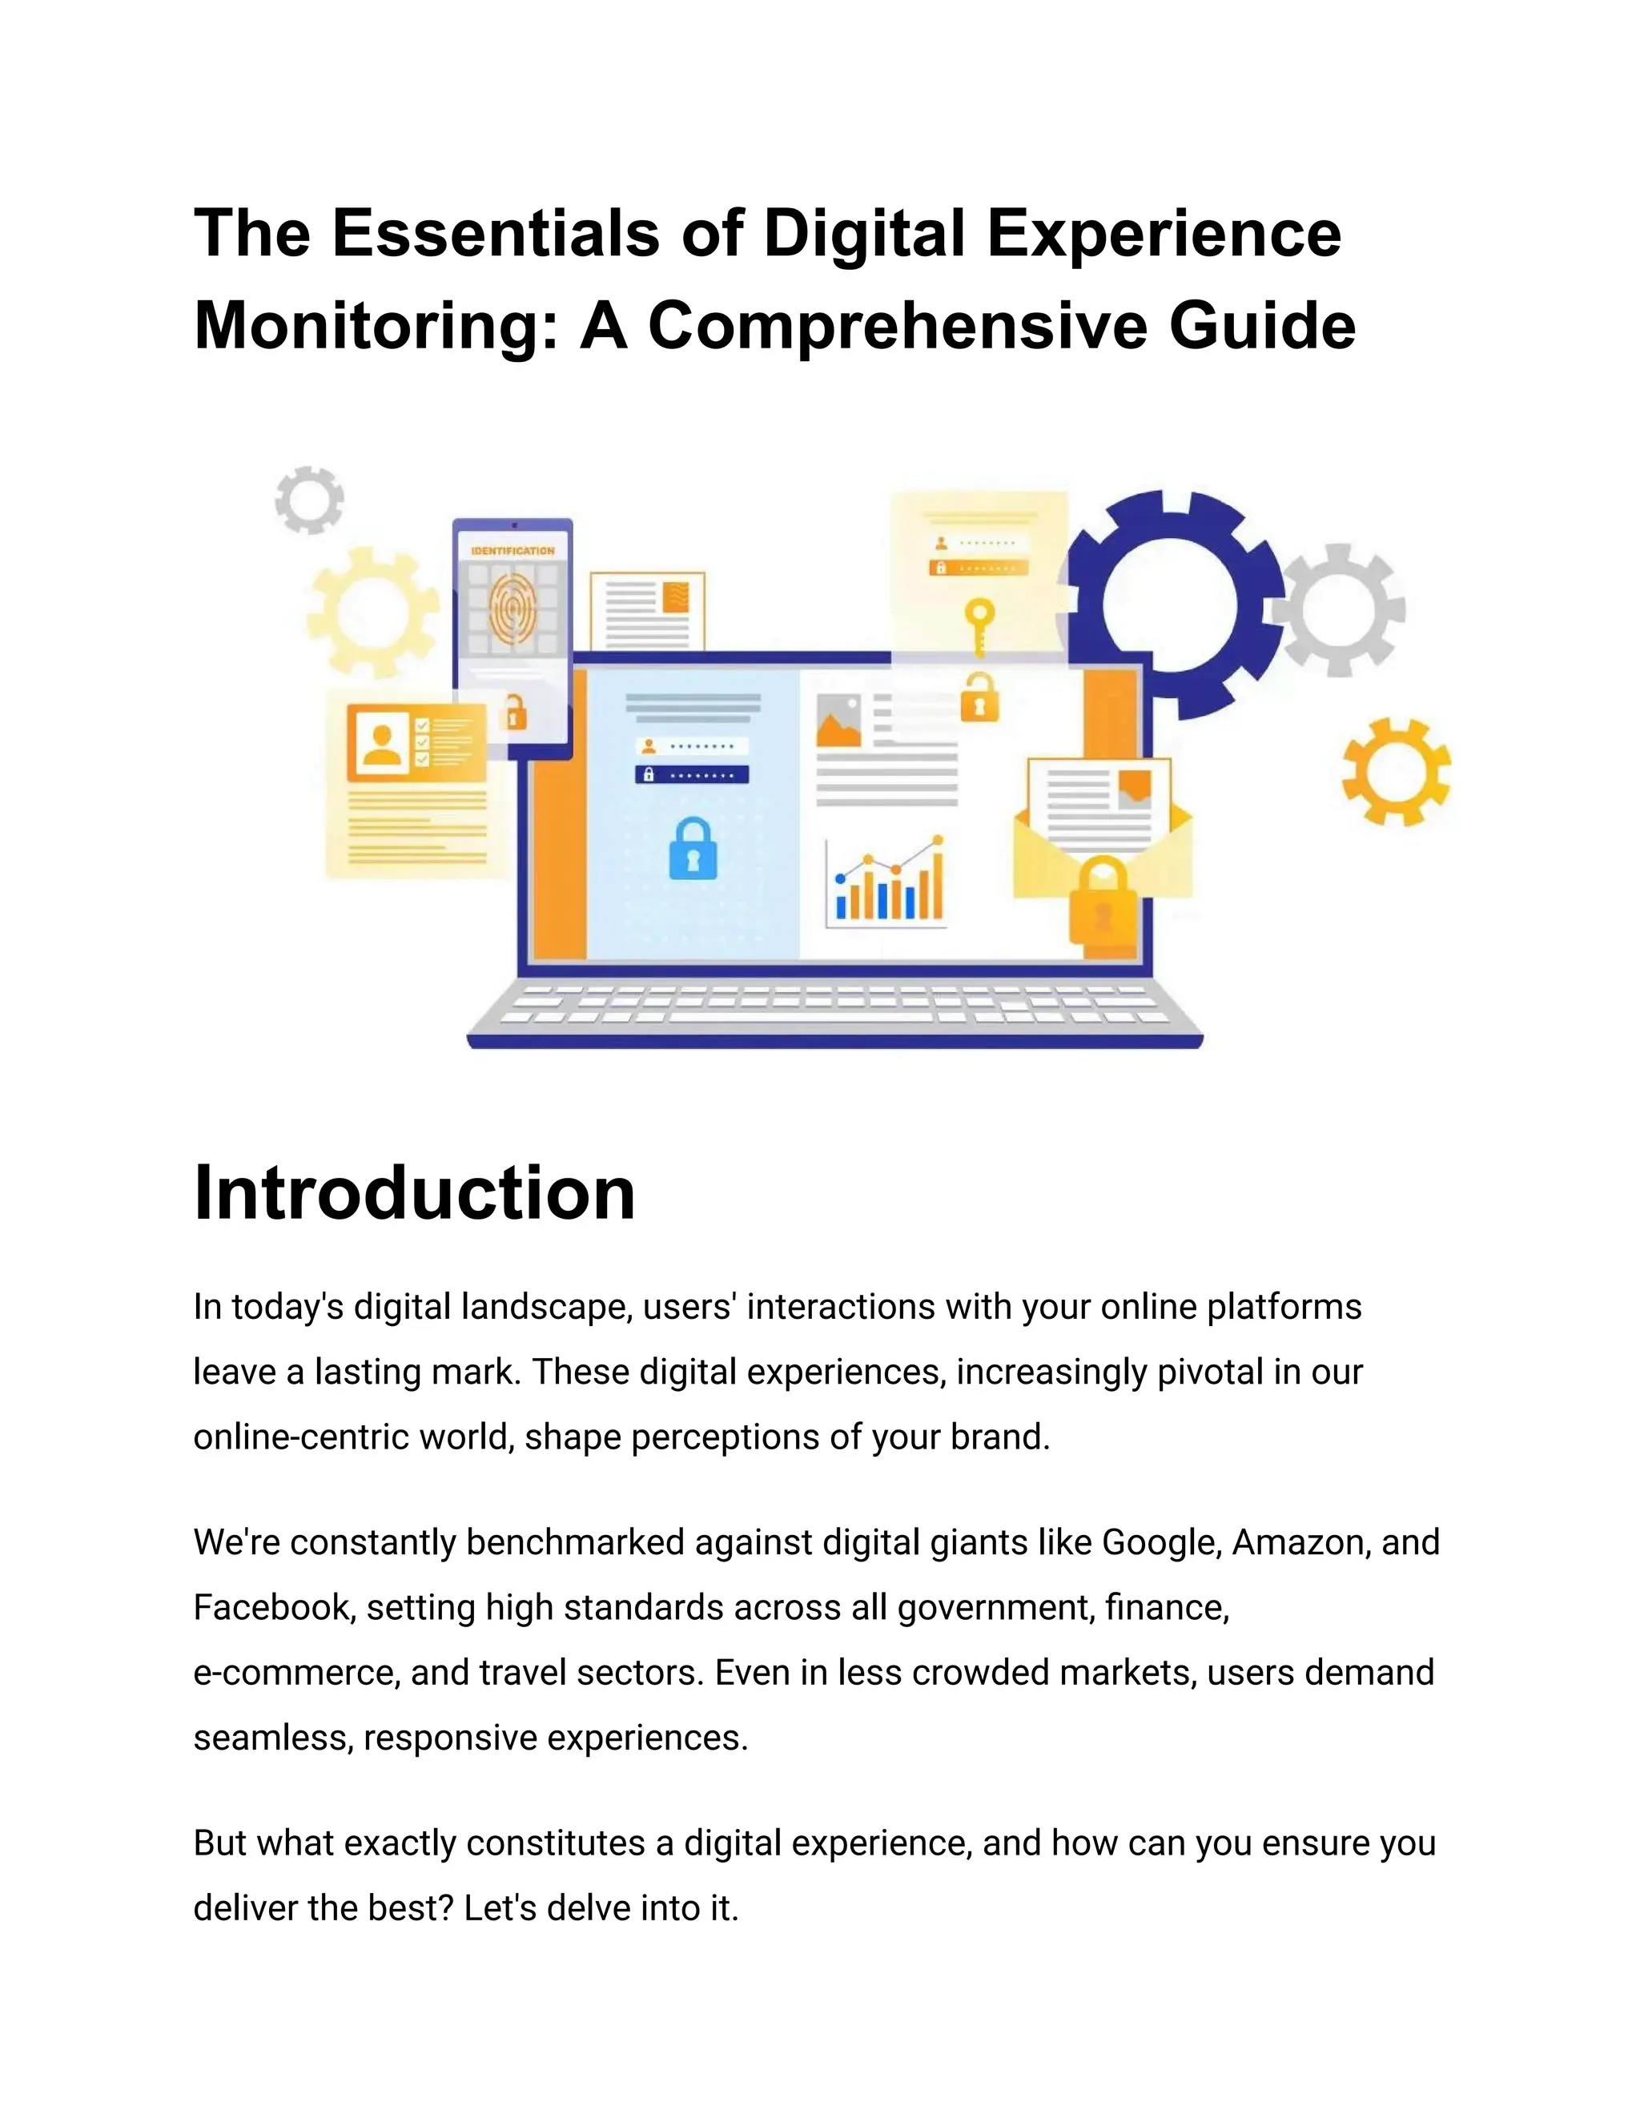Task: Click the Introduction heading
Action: (x=414, y=1192)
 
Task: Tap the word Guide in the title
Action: (x=1262, y=325)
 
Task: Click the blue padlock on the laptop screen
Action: (x=693, y=849)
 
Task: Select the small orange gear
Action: (x=1396, y=773)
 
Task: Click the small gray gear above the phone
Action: (x=309, y=500)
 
